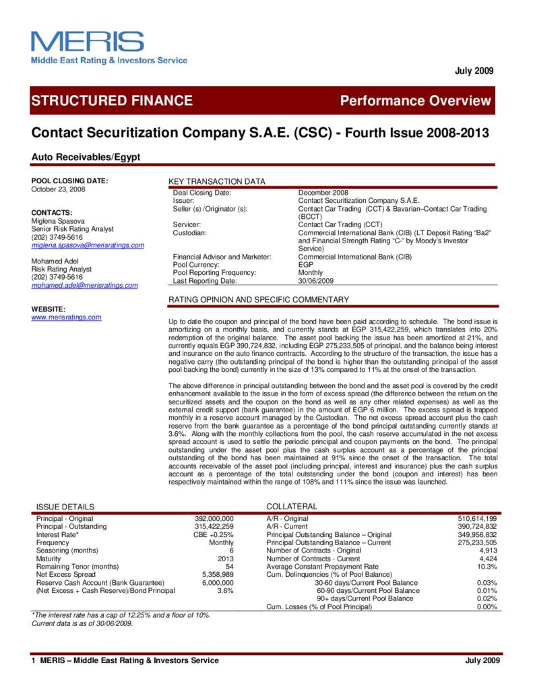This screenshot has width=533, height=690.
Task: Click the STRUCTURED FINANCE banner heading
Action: pos(112,101)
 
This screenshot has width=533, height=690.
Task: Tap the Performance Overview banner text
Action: pos(416,101)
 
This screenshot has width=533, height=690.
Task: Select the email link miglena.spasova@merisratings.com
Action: pos(88,245)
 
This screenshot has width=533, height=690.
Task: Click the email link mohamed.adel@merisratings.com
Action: pos(85,286)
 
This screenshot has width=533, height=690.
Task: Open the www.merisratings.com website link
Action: pos(66,317)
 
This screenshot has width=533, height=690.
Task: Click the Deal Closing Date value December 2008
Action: pos(323,193)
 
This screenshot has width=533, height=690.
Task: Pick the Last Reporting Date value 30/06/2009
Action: pos(317,281)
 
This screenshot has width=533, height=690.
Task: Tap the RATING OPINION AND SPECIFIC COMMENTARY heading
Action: pos(259,299)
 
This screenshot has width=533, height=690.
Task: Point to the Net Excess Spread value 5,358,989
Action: pos(218,574)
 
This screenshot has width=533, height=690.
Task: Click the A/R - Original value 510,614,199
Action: pos(477,518)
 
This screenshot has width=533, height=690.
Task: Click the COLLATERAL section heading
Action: pos(292,506)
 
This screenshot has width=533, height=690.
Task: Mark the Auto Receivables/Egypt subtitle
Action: pos(86,156)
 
